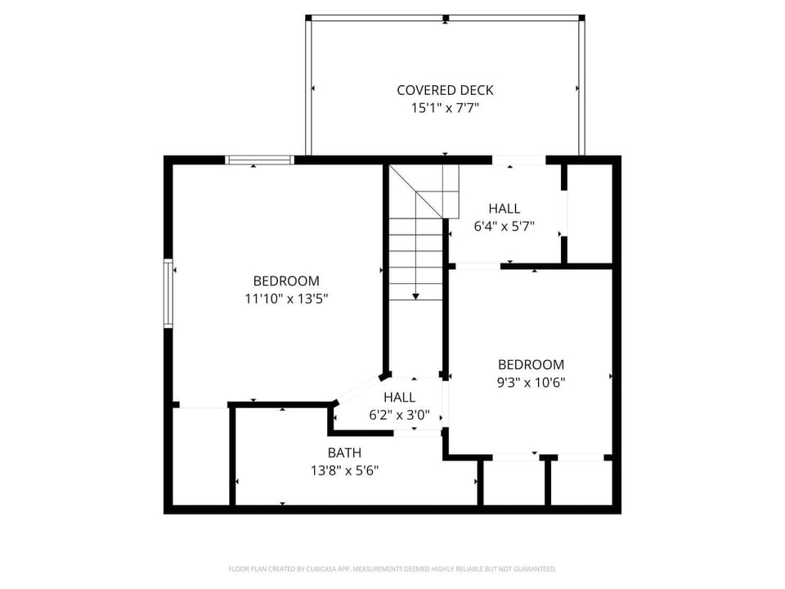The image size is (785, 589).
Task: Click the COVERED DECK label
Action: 445,90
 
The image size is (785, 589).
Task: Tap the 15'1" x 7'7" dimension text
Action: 445,108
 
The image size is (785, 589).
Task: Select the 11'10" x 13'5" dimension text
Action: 286,299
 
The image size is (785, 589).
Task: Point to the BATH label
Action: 344,452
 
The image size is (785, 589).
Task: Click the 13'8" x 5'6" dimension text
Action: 344,471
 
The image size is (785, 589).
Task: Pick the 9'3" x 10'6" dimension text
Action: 532,383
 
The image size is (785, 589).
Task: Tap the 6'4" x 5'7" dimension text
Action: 505,227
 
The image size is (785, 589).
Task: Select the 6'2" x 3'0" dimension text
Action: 400,416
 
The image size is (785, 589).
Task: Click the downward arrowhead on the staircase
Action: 415,296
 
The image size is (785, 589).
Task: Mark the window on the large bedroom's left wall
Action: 168,294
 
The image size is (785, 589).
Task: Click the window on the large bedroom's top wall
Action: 259,160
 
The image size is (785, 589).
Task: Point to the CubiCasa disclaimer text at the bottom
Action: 392,569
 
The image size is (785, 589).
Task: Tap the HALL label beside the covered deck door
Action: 505,209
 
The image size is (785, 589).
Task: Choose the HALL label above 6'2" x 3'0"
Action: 400,398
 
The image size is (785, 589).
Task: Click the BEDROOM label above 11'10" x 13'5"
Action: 286,281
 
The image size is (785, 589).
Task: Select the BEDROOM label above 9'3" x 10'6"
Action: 532,365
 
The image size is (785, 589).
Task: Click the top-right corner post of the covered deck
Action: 581,18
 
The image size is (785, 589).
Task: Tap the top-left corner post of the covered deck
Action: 308,18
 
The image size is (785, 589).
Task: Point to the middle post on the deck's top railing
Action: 446,19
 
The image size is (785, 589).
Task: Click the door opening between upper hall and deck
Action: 518,160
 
